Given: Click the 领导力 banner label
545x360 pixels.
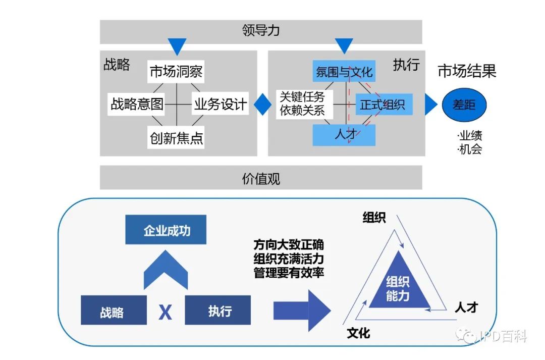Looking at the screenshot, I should [x=261, y=31].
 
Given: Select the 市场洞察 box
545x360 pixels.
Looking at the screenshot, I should [x=176, y=72].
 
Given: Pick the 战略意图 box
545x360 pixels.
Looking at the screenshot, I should [x=137, y=105].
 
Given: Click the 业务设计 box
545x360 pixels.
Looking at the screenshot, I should [x=221, y=105].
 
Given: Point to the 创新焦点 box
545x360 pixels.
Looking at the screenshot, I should [x=177, y=137].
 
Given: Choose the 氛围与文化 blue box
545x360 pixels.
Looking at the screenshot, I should [x=344, y=72].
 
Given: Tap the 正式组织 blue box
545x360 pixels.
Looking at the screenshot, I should [x=384, y=105].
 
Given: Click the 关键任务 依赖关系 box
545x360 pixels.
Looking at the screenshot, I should [x=302, y=104].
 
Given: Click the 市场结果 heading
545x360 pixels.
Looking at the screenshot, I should [x=467, y=71].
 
